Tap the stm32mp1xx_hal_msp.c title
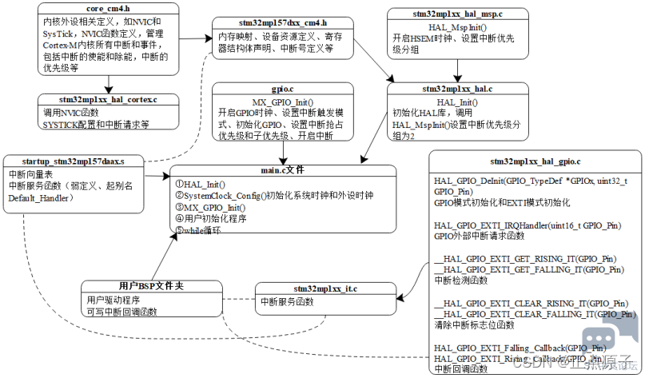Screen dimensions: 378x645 point(456,14)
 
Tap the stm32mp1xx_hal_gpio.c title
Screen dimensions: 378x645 point(534,161)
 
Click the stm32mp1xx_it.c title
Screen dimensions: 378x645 point(312,289)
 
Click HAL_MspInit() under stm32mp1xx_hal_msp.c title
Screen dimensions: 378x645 point(456,26)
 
